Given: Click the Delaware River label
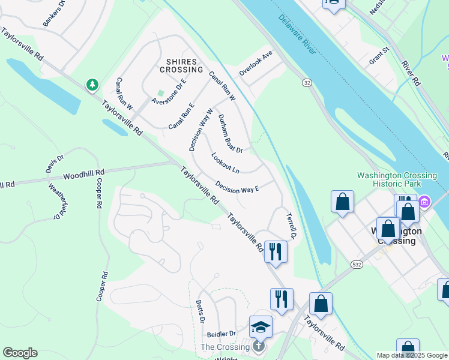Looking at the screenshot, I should [297, 35].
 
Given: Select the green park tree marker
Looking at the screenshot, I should [92, 86].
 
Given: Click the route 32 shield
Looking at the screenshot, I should [307, 82].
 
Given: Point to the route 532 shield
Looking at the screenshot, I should [357, 264].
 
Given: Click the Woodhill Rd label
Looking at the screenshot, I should [83, 175].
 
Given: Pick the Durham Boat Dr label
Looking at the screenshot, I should [230, 133].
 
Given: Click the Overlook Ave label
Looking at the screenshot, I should [256, 62].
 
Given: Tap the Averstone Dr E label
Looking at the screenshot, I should [169, 90].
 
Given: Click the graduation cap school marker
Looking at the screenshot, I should [261, 327].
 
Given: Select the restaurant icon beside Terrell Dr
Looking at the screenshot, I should [276, 251].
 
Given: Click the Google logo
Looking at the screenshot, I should [19, 353].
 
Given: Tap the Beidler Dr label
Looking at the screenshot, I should [221, 334].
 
